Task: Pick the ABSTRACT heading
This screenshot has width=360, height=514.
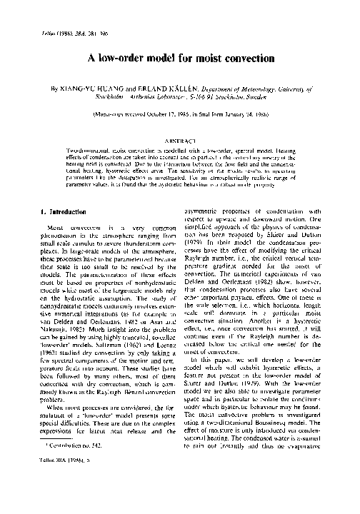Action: [179, 141]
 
